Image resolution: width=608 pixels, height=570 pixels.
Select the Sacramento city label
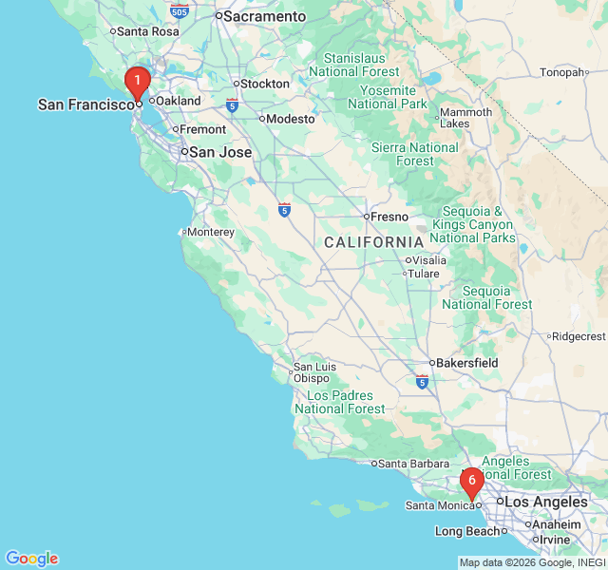pyautogui.click(x=264, y=16)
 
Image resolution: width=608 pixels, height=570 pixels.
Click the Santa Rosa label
pyautogui.click(x=147, y=30)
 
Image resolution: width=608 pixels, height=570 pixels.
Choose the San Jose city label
pyautogui.click(x=220, y=152)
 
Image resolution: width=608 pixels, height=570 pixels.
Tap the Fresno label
pyautogui.click(x=389, y=217)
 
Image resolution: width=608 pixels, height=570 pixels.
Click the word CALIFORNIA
pyautogui.click(x=372, y=242)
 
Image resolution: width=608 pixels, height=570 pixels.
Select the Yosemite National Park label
pyautogui.click(x=388, y=97)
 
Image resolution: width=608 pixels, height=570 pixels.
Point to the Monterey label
pyautogui.click(x=211, y=232)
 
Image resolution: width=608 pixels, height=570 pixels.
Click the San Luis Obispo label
pyautogui.click(x=314, y=372)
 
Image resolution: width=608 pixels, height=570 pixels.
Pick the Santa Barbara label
pyautogui.click(x=414, y=464)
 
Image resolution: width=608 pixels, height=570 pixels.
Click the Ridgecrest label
pyautogui.click(x=579, y=336)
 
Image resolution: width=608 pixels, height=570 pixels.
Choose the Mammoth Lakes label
pyautogui.click(x=466, y=118)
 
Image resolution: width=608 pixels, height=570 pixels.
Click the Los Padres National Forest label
pyautogui.click(x=340, y=402)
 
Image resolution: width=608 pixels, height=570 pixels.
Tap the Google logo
pyautogui.click(x=31, y=559)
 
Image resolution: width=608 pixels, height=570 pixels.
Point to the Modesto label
pyautogui.click(x=291, y=119)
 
